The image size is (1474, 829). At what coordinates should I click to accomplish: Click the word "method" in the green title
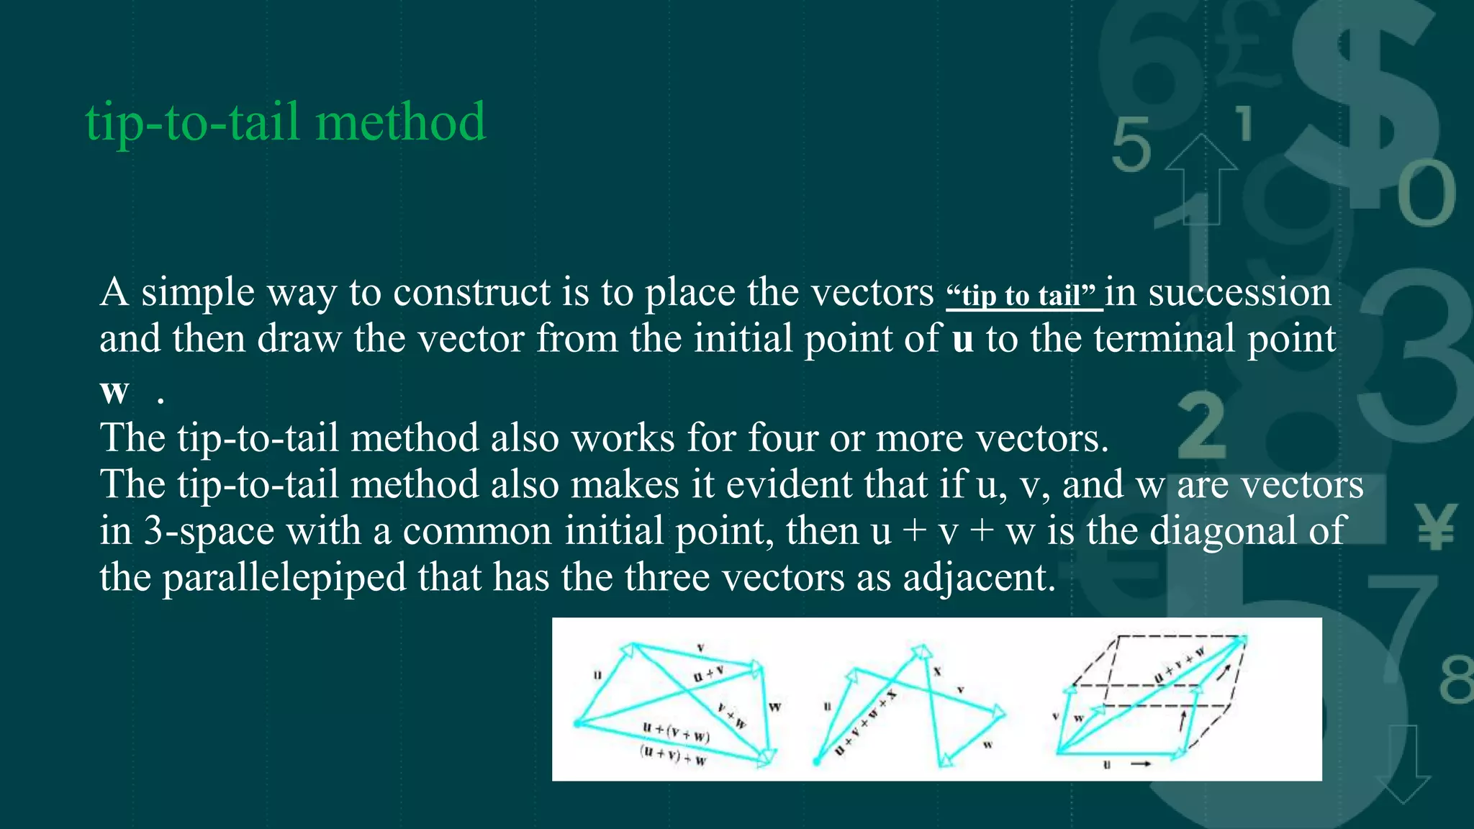click(400, 122)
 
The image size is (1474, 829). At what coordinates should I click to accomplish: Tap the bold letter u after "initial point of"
click(962, 339)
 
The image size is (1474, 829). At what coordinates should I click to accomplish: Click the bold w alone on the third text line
click(114, 390)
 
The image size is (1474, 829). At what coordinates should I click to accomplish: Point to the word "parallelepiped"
click(284, 578)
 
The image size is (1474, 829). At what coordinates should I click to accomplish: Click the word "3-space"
click(209, 531)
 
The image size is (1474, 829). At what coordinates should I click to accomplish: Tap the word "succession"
click(1239, 292)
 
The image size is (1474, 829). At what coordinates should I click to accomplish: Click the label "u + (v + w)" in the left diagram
click(676, 732)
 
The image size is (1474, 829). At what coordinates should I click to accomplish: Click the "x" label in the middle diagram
click(937, 671)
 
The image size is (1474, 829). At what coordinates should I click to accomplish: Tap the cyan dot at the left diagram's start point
click(577, 722)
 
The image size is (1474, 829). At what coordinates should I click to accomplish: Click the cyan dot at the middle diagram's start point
click(816, 761)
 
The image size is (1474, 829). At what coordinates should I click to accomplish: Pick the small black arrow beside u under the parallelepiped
click(1141, 764)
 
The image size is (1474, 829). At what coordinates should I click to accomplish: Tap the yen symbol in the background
click(1435, 527)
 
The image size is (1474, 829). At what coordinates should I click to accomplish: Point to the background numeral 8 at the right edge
click(1455, 680)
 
